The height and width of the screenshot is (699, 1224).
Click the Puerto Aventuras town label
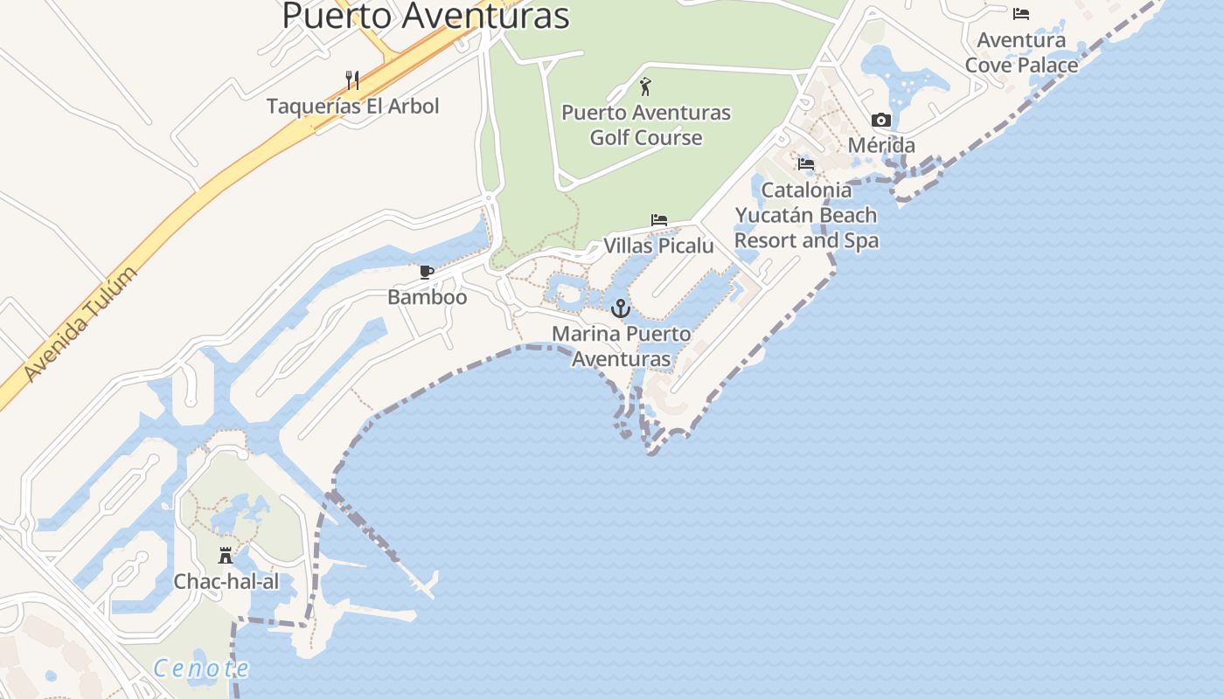(426, 16)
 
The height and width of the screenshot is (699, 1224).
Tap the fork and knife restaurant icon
(352, 80)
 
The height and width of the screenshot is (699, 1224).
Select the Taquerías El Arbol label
(352, 107)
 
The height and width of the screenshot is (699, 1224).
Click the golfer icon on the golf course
(645, 87)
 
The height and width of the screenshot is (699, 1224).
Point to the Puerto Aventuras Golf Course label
(646, 125)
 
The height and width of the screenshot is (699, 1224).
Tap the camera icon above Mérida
(881, 121)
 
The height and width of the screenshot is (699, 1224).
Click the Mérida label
(881, 145)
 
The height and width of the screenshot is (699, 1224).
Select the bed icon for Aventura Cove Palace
(1020, 14)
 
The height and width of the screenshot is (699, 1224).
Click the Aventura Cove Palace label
(1021, 52)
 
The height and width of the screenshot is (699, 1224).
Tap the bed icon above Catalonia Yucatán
(806, 163)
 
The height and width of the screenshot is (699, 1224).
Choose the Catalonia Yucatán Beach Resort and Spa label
(806, 215)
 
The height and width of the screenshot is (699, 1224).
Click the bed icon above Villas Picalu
(659, 220)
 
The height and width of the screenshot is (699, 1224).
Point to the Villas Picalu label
(658, 246)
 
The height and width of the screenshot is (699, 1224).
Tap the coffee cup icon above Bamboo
(427, 273)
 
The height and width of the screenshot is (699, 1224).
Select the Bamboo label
(427, 297)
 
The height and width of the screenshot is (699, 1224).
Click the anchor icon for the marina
(620, 308)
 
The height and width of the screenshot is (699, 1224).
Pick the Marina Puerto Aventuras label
(621, 346)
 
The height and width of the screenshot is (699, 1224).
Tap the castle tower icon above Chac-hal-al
(226, 556)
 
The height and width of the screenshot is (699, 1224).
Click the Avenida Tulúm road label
(80, 324)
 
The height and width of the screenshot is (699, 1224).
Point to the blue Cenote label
(201, 669)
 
